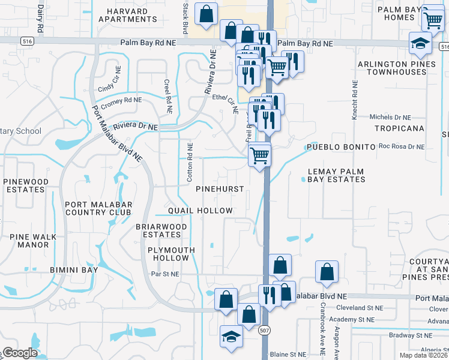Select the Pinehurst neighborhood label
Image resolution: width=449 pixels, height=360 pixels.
[x=220, y=189]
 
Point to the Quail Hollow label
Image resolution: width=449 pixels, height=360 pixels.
[x=200, y=211]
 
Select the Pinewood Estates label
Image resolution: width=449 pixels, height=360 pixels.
[x=26, y=185]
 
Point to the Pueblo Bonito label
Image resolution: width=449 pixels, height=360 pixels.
[x=340, y=147]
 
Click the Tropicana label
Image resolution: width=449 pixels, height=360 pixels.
[x=399, y=128]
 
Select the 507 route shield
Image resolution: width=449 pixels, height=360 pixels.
[x=264, y=330]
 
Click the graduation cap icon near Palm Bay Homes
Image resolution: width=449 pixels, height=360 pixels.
[x=420, y=43]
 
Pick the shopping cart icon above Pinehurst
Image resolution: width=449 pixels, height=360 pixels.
[x=260, y=155]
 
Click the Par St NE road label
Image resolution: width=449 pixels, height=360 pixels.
[x=165, y=274]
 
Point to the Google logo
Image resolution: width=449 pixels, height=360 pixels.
[x=20, y=353]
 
